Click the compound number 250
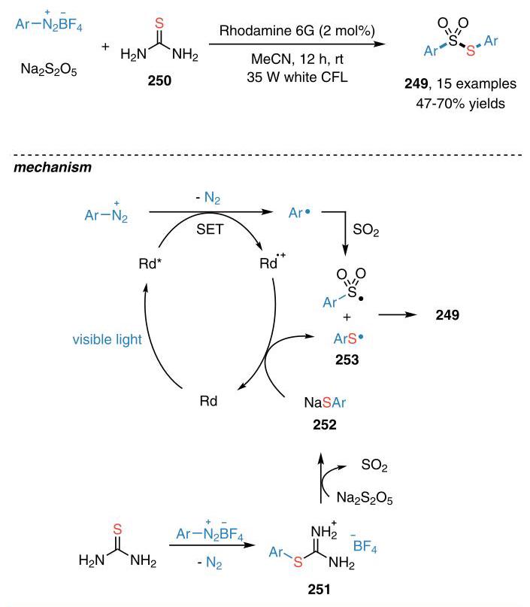click(x=159, y=80)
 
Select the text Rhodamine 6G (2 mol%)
click(x=297, y=31)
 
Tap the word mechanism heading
click(x=53, y=167)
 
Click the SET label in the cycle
click(x=210, y=229)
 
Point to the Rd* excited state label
click(x=150, y=263)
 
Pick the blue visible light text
click(x=108, y=339)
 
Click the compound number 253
click(x=347, y=360)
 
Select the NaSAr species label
click(x=325, y=402)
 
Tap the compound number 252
click(x=325, y=425)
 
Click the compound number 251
click(x=320, y=589)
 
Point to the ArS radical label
click(x=349, y=338)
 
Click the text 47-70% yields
click(x=460, y=104)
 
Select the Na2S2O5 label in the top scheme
click(x=49, y=69)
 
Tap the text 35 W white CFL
click(x=297, y=77)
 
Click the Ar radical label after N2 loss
click(x=299, y=213)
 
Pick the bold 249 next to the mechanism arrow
click(x=447, y=314)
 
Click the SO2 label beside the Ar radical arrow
click(x=366, y=230)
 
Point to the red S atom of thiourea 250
click(x=159, y=23)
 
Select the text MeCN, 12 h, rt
click(x=297, y=59)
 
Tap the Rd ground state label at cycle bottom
click(x=208, y=401)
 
